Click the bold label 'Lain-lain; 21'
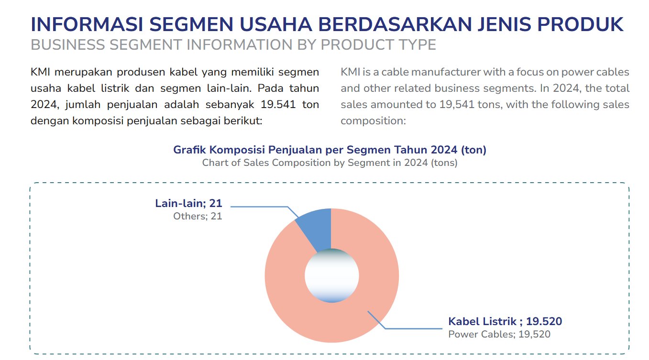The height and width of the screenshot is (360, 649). click(x=188, y=203)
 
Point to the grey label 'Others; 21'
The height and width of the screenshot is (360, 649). click(x=198, y=216)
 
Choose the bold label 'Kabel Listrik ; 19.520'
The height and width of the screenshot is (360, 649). click(x=505, y=321)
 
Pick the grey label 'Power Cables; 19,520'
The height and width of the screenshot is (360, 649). click(x=499, y=334)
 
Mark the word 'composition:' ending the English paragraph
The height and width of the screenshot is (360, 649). click(x=373, y=120)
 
